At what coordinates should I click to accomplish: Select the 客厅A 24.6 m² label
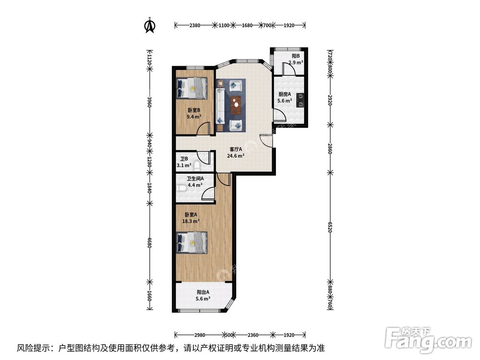coord(237,152)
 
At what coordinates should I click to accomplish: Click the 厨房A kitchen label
coord(285,97)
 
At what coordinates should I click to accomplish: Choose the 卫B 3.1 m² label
coord(184,162)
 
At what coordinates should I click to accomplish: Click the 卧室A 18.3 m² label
coord(191,218)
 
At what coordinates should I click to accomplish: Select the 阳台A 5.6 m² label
coord(203,295)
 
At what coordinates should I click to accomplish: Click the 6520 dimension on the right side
coord(330,227)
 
